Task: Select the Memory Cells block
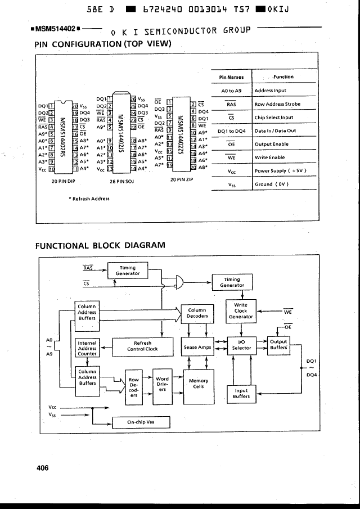click(x=199, y=384)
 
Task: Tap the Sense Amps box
click(x=197, y=347)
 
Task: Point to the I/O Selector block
click(x=241, y=345)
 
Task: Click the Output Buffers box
click(x=278, y=345)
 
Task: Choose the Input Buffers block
click(x=241, y=394)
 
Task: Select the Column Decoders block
click(x=197, y=313)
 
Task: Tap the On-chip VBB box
click(x=141, y=422)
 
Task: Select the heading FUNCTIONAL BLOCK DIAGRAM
click(x=101, y=245)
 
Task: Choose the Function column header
click(x=283, y=77)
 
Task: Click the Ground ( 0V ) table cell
click(x=273, y=184)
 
